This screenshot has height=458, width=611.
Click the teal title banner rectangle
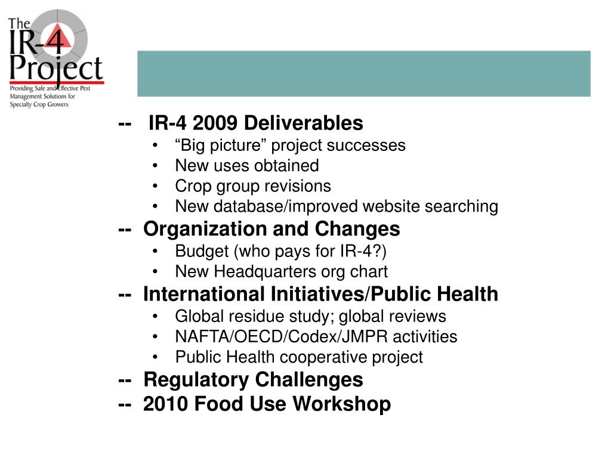pyautogui.click(x=364, y=73)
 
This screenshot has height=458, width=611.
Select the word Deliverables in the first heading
pyautogui.click(x=304, y=123)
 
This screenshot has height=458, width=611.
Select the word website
pyautogui.click(x=393, y=206)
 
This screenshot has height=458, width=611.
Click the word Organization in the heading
pyautogui.click(x=204, y=229)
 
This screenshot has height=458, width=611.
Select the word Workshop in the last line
pyautogui.click(x=342, y=404)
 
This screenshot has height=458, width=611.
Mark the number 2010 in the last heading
pyautogui.click(x=166, y=404)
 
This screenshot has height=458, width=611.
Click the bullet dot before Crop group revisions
pyautogui.click(x=156, y=187)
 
